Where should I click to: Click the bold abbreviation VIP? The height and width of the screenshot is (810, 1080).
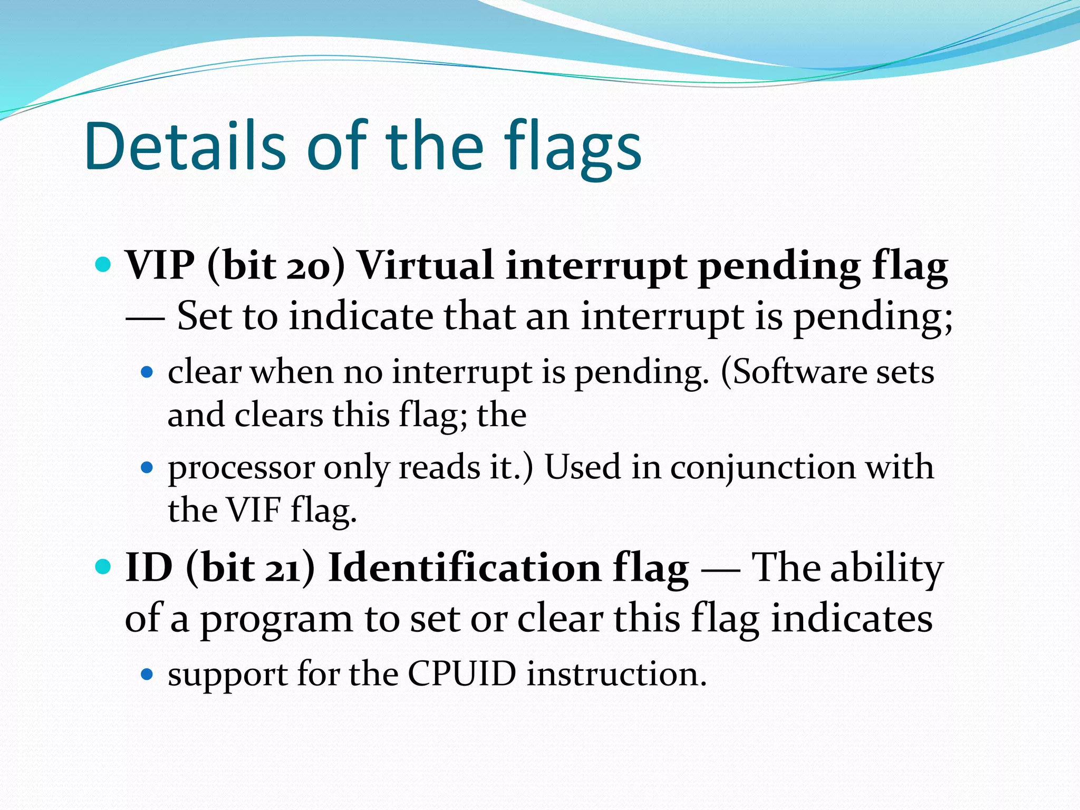pos(159,265)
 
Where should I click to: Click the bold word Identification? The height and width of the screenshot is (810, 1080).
pos(464,568)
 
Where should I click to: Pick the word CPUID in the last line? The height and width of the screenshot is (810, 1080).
pos(461,674)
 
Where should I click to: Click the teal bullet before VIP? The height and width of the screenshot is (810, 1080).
pos(104,264)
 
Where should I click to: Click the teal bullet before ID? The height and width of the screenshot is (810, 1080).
pos(104,567)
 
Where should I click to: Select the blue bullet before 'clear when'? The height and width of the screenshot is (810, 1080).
pos(147,372)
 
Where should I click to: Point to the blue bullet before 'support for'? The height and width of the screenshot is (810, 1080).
pos(147,674)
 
